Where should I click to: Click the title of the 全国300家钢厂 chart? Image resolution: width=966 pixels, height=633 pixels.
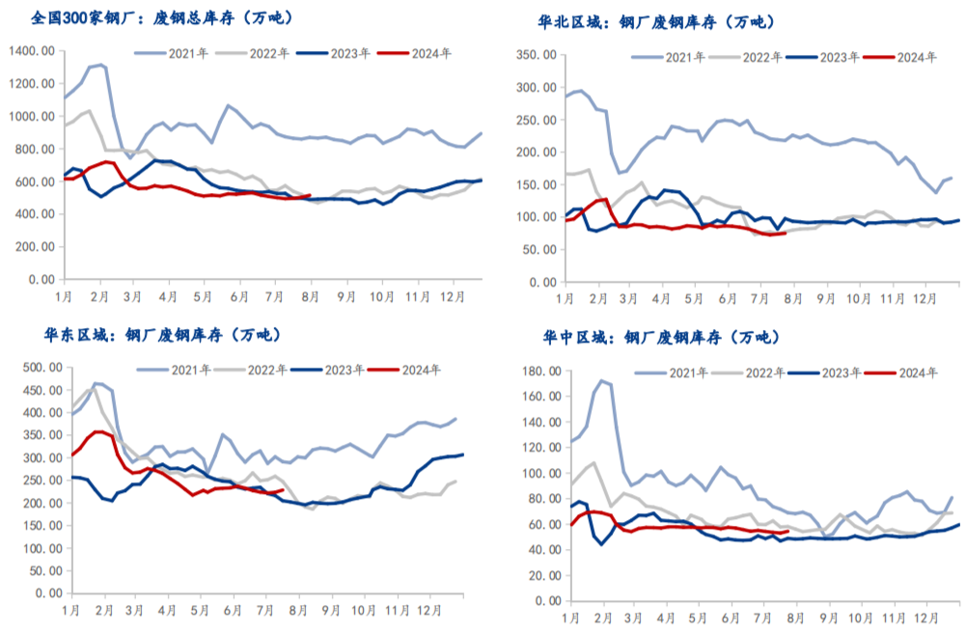[x=161, y=17]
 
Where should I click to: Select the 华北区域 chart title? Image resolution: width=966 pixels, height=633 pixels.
[x=655, y=21]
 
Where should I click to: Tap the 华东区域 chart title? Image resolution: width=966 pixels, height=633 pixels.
[x=161, y=335]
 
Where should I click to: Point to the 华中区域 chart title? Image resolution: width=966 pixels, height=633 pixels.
[x=657, y=338]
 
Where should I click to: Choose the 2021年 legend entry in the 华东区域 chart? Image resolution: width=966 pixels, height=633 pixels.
[x=189, y=369]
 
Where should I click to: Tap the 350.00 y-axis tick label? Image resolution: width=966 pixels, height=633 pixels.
[x=536, y=55]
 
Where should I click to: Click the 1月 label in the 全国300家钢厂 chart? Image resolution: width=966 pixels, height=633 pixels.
[x=66, y=294]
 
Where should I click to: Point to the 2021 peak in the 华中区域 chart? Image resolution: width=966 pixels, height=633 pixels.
[x=602, y=380]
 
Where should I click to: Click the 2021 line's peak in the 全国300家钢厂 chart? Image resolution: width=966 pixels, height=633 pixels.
[x=101, y=65]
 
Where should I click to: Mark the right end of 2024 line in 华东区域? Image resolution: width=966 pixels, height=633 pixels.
[x=282, y=490]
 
